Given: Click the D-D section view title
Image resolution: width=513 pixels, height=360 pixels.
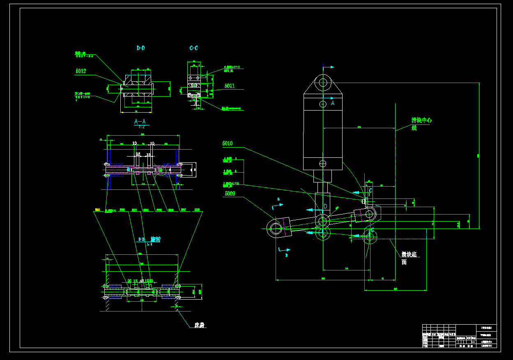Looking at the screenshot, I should point(140,48).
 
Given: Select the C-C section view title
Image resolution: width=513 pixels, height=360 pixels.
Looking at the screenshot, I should point(193,48).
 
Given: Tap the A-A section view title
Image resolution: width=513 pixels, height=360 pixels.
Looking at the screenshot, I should point(140,122).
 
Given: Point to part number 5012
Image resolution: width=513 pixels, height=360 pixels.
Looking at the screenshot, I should point(81,71).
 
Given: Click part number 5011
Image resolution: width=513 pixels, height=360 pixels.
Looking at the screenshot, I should point(230,86).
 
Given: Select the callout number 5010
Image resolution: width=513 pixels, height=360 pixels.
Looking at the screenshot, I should point(228,143).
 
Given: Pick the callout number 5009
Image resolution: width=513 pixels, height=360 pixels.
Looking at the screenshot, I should point(230,193).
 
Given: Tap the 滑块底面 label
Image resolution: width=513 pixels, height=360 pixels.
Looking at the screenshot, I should point(409,258).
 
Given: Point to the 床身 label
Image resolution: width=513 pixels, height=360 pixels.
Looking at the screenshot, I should point(200,325).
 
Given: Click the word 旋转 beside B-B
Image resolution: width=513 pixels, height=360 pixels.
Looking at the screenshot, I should point(155,239).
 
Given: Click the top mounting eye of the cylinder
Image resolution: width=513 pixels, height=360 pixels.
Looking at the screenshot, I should point(323,82).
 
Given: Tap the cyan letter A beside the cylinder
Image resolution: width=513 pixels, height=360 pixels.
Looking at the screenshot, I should point(333,104).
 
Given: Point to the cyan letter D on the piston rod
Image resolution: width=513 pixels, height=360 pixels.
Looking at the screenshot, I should point(325,205).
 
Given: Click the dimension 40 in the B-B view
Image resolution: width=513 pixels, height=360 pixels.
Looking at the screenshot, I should point(142,281).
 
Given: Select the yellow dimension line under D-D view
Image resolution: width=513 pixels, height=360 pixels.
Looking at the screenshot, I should point(137,111).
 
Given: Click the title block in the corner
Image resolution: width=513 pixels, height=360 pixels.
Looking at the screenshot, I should point(460,336).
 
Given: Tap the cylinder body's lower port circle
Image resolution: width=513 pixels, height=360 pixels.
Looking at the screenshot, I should point(323,163).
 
